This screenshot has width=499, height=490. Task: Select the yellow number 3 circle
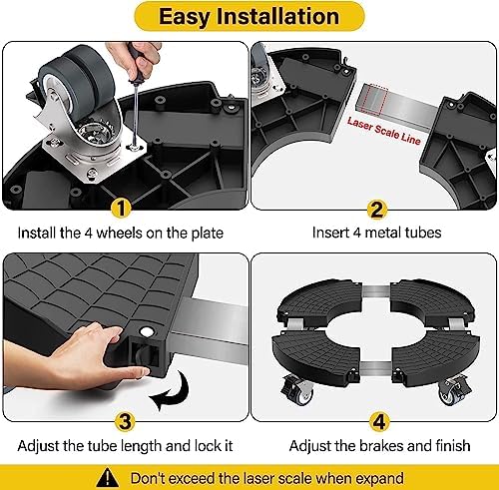[x=121, y=419]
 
